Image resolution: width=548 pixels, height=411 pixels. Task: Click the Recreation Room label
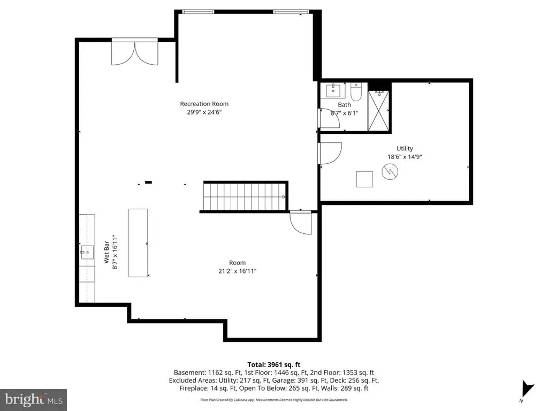pyautogui.click(x=204, y=104)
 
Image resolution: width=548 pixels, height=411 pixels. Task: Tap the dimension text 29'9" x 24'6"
pyautogui.click(x=204, y=112)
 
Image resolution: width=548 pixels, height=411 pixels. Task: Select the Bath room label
pyautogui.click(x=344, y=105)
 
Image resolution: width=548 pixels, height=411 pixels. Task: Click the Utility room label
pyautogui.click(x=405, y=148)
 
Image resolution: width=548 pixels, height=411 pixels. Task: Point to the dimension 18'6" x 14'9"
pyautogui.click(x=405, y=157)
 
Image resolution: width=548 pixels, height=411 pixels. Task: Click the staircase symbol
pyautogui.click(x=245, y=197)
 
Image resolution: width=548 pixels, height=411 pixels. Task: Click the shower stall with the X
pyautogui.click(x=379, y=111)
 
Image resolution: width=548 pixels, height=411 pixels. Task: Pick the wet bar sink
pyautogui.click(x=87, y=252)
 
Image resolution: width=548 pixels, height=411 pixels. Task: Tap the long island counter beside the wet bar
pyautogui.click(x=138, y=242)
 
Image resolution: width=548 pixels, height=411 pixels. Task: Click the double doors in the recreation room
pyautogui.click(x=135, y=53)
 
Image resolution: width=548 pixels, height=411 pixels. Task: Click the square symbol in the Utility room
pyautogui.click(x=365, y=179)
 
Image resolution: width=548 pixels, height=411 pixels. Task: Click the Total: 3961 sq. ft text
pyautogui.click(x=273, y=364)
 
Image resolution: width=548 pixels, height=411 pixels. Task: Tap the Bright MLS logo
pyautogui.click(x=33, y=399)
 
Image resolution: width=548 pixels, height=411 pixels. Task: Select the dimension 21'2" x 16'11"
pyautogui.click(x=238, y=271)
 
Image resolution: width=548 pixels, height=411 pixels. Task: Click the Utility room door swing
pyautogui.click(x=329, y=153)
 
